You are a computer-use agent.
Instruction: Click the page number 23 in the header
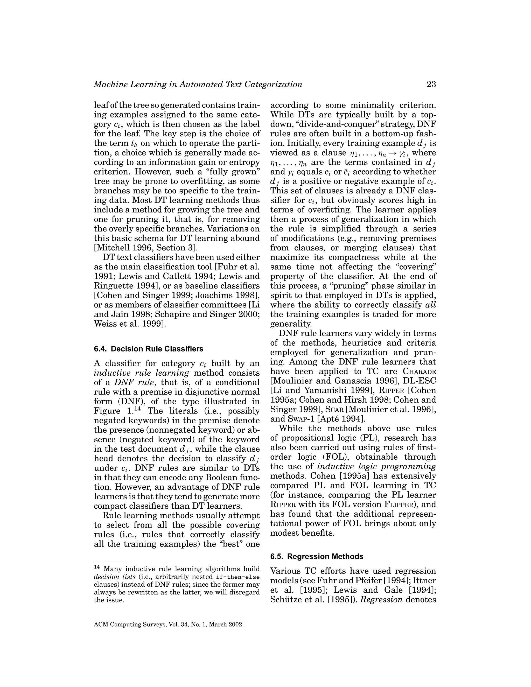click(431, 85)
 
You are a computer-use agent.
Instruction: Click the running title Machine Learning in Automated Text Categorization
click(198, 85)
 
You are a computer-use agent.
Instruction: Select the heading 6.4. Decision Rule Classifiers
click(149, 349)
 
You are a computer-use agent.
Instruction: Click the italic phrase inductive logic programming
click(376, 466)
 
